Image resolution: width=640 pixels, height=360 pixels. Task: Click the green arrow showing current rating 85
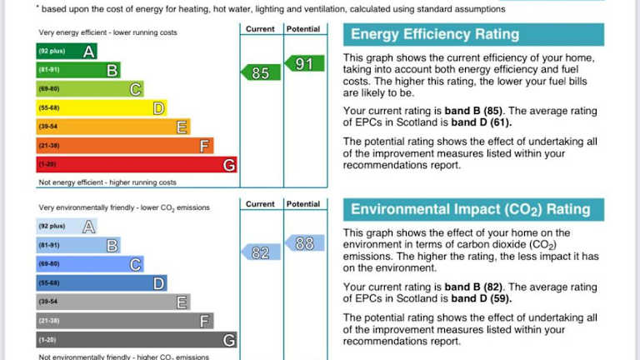261,72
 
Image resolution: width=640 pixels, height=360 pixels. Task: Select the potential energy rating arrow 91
304,63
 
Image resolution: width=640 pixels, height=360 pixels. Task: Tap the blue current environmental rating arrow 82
261,252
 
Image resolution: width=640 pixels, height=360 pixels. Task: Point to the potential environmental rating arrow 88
304,243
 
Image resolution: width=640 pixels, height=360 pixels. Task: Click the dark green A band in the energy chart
67,51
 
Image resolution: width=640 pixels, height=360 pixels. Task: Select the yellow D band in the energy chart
101,108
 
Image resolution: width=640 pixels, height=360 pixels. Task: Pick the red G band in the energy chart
136,165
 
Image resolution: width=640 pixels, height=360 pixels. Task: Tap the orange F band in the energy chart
124,146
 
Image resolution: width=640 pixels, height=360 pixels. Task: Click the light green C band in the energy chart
89,89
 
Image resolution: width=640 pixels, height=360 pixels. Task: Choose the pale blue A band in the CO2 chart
67,226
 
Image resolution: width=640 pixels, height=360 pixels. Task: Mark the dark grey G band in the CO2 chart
136,340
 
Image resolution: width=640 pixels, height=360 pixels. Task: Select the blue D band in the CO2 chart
101,283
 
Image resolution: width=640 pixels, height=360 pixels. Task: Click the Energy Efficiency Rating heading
435,34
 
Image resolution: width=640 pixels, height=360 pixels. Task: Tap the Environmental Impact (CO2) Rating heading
470,209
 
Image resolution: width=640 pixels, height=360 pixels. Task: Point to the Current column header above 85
260,29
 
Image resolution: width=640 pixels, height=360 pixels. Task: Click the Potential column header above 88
302,204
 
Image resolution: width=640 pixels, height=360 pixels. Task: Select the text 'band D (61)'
482,122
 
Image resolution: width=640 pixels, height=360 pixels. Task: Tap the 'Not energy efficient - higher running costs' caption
107,182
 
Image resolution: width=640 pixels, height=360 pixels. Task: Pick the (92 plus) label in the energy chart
52,52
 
